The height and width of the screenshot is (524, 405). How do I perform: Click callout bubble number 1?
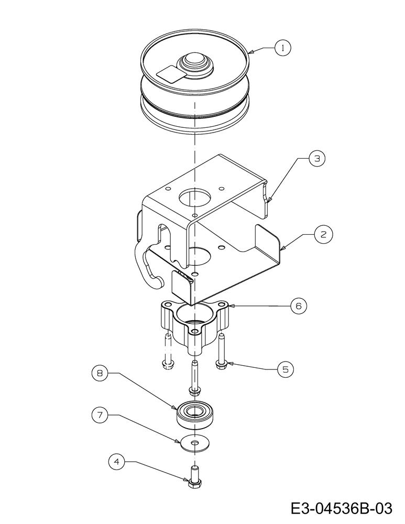point(283,48)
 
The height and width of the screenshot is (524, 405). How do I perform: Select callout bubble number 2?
point(323,234)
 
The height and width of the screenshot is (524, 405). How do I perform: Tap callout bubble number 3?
point(317,158)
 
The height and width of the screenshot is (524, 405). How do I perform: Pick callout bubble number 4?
point(117,462)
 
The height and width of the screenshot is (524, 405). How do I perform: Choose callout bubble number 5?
point(285,369)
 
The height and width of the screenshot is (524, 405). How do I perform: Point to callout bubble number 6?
point(299,306)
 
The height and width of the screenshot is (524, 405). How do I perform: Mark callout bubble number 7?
point(100,415)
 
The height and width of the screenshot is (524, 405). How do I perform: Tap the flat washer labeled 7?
point(194,443)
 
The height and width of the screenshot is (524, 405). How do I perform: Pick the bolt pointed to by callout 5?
point(222,353)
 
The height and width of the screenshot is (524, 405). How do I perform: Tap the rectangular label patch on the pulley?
point(170,74)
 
